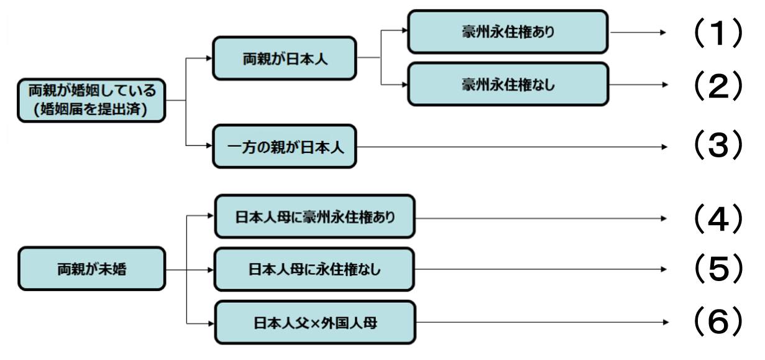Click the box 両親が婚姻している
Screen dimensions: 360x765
[x=91, y=99]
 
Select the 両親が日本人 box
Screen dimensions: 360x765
[x=285, y=58]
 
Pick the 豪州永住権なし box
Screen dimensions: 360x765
[x=507, y=85]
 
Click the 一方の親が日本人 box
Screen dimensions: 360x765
[x=285, y=147]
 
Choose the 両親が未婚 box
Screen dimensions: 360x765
[x=91, y=269]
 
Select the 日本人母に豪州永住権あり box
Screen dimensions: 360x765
[x=314, y=217]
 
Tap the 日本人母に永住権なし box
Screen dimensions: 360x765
[x=314, y=270]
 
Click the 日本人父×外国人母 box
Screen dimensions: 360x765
[x=314, y=323]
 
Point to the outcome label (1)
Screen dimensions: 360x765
[x=718, y=32]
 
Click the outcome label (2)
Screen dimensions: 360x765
[x=718, y=85]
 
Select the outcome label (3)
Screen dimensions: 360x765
[x=718, y=147]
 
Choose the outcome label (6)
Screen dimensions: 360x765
[x=718, y=323]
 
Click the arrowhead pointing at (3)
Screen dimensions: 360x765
[x=664, y=147]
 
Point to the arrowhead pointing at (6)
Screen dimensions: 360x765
[x=664, y=323]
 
